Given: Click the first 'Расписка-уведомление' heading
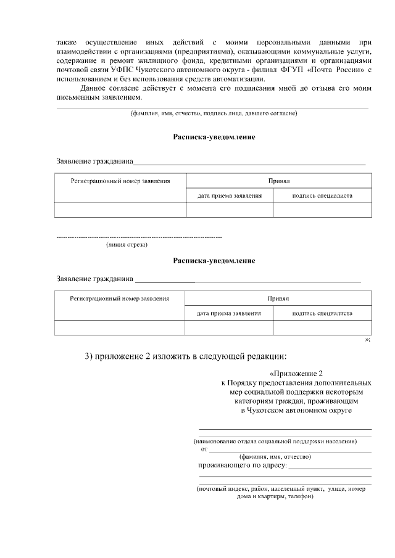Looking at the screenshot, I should point(214,136).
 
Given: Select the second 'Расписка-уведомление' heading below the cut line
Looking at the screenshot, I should point(214,260).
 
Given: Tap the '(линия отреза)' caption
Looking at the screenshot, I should point(127,245).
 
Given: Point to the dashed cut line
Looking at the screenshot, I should point(139,237).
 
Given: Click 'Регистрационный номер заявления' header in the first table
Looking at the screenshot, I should point(120,181).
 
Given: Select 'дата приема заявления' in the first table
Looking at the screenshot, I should point(230,195).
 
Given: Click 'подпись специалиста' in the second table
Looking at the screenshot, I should point(322,313).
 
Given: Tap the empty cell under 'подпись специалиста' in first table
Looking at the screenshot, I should point(322,210).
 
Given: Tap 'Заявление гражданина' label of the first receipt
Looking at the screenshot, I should point(95,162).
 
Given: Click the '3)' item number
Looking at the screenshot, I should point(89,356).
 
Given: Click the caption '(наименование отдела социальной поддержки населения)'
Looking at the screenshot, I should point(275,441).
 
